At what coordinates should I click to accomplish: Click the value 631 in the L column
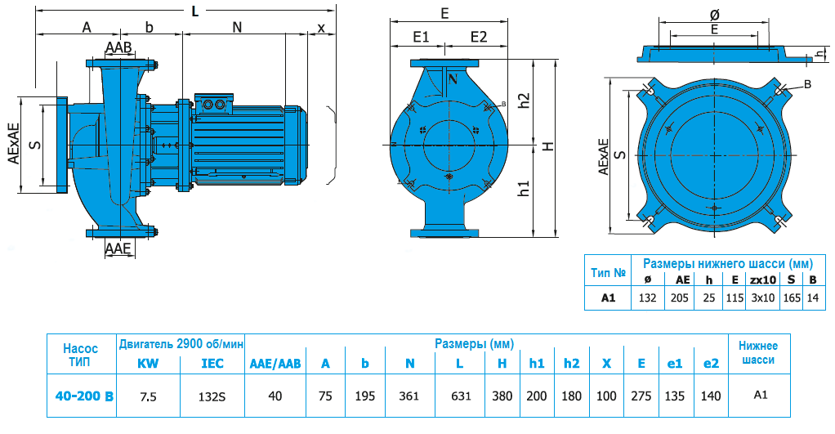[x=461, y=396]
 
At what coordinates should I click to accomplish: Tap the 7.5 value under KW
[x=149, y=396]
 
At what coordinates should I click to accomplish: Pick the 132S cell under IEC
[x=212, y=396]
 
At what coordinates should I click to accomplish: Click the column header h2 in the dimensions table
[x=571, y=363]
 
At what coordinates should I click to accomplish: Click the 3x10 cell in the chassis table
[x=762, y=298]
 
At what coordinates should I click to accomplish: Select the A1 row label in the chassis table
[x=608, y=298]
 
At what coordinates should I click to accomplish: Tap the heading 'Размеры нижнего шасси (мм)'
[x=727, y=264]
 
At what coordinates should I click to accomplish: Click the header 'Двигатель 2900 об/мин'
[x=182, y=343]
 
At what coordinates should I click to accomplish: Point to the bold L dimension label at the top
[x=194, y=11]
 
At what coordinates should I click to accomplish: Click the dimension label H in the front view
[x=548, y=146]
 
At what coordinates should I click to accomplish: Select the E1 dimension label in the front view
[x=421, y=37]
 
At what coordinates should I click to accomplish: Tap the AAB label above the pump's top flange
[x=118, y=47]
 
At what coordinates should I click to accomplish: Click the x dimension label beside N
[x=320, y=27]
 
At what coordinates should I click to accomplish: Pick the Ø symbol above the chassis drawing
[x=714, y=15]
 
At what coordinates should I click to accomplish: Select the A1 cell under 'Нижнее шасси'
[x=760, y=395]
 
